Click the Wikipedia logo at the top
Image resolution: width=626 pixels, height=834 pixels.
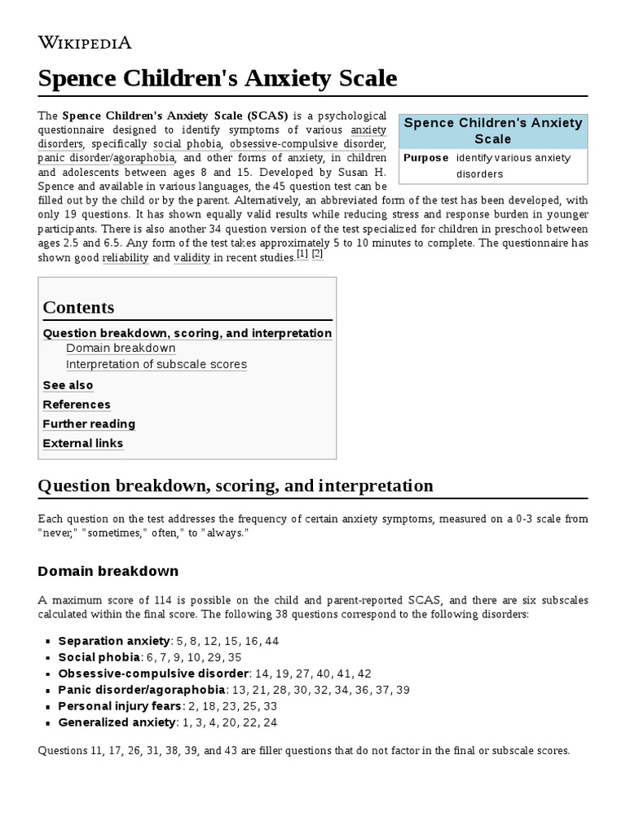(x=85, y=42)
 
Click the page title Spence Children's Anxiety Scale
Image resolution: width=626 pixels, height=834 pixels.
(x=218, y=78)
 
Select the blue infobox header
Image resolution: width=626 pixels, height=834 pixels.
(x=493, y=130)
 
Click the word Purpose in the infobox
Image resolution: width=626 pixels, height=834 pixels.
(x=425, y=158)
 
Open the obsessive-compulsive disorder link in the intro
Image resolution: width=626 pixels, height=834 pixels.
(x=307, y=144)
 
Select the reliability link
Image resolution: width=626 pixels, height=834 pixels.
(x=126, y=258)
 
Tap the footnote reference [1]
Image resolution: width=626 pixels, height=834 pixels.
(x=302, y=254)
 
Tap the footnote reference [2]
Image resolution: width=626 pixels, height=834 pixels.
(x=317, y=254)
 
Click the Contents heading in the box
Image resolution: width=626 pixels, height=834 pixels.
(x=78, y=307)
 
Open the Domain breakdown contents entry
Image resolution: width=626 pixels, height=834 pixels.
(x=121, y=349)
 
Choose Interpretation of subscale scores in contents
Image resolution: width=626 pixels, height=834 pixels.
(x=156, y=365)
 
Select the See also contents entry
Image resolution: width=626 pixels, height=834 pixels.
(x=68, y=385)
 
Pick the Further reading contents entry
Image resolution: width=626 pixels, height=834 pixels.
(x=89, y=424)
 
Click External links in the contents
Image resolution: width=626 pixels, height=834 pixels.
(x=83, y=444)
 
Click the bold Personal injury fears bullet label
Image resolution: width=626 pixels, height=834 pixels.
(x=115, y=706)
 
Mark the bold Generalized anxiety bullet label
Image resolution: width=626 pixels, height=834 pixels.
(x=117, y=722)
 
